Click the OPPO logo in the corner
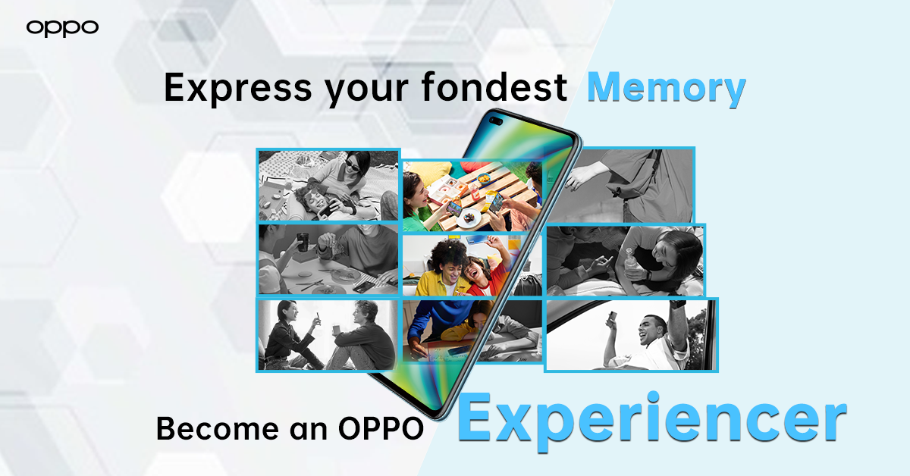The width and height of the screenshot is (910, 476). [x=62, y=29]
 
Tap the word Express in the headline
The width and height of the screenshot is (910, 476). [x=237, y=87]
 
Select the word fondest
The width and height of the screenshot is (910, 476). [x=494, y=86]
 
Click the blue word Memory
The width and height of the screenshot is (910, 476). [x=667, y=89]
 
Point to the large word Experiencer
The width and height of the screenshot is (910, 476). [x=652, y=421]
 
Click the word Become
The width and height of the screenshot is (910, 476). [x=218, y=428]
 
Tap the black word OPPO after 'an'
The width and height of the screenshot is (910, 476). [x=381, y=428]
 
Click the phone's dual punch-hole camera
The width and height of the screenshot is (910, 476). [x=496, y=121]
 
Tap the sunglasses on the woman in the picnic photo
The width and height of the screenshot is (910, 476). [x=354, y=165]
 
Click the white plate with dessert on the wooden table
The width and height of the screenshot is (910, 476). [x=469, y=218]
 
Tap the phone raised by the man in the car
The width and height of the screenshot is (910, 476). [x=610, y=319]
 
